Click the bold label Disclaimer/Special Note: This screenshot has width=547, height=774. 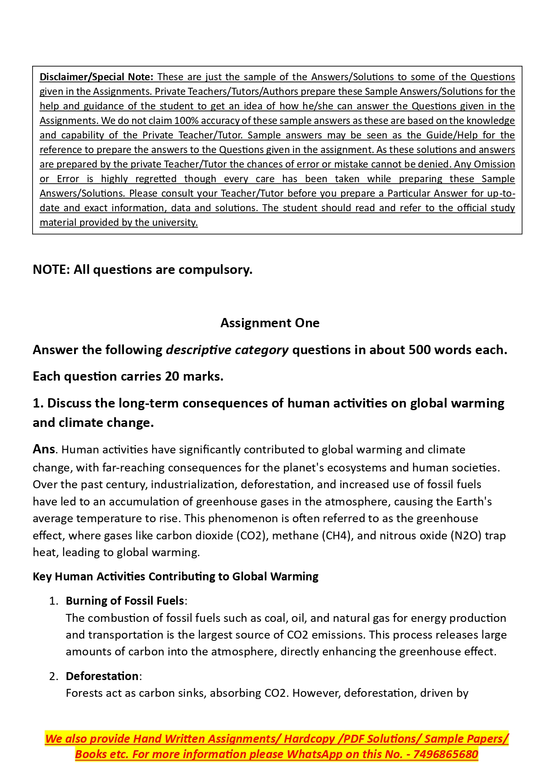pos(96,77)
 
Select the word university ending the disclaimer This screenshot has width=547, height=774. pos(175,223)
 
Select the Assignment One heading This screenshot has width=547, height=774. pos(270,323)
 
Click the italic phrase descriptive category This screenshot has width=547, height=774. pos(227,350)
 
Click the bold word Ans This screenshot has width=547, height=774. pos(44,449)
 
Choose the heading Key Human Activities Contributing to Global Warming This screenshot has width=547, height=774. pos(175,577)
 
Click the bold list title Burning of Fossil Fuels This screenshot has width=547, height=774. pos(125,601)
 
